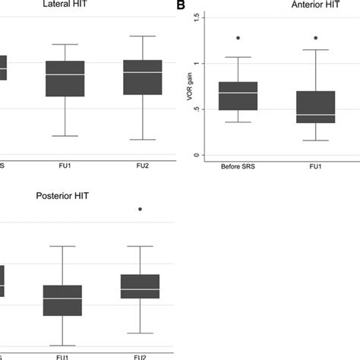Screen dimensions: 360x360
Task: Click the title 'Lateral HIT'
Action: pyautogui.click(x=65, y=6)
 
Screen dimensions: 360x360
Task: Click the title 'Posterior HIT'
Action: pyautogui.click(x=63, y=195)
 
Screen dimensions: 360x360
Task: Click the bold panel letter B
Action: pyautogui.click(x=181, y=6)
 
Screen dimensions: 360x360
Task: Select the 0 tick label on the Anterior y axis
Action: pyautogui.click(x=196, y=155)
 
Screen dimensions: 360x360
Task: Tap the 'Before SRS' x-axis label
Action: pyautogui.click(x=238, y=167)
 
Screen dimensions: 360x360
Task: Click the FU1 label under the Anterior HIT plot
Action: pyautogui.click(x=326, y=167)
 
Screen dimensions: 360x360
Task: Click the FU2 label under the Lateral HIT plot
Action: pyautogui.click(x=143, y=167)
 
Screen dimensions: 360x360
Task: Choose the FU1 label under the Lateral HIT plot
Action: pyautogui.click(x=65, y=167)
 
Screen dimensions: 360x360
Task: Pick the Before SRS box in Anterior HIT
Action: pyautogui.click(x=238, y=96)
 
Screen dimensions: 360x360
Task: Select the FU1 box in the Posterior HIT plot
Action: pyautogui.click(x=62, y=311)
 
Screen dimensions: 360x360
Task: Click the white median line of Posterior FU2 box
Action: pyautogui.click(x=140, y=289)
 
